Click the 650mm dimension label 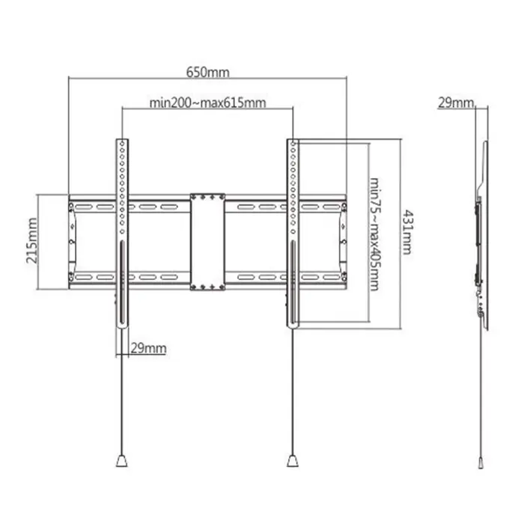(x=208, y=73)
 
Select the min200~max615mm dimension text (x=207, y=103)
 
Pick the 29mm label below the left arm (x=148, y=348)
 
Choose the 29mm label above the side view (x=456, y=103)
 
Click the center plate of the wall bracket (x=207, y=242)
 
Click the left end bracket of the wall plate (x=72, y=241)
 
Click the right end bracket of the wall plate (x=343, y=241)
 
